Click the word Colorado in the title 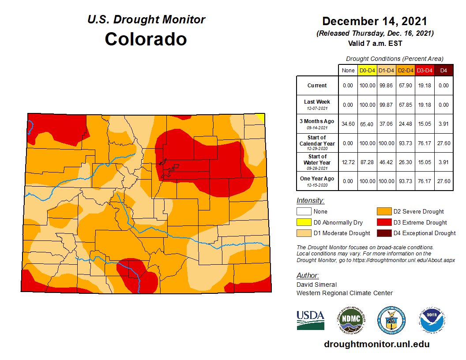(146, 39)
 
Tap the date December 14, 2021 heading (375, 21)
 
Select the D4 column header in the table (444, 70)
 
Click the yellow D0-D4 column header (367, 70)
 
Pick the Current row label (317, 86)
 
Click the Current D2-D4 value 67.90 (406, 86)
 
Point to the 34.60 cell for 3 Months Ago (348, 124)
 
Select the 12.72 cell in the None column (348, 162)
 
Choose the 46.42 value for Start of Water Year (386, 162)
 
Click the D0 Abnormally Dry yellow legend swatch (304, 222)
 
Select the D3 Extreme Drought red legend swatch (383, 222)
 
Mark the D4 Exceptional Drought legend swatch (383, 233)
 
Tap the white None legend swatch (304, 212)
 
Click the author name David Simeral (317, 285)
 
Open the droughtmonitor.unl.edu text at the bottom (376, 344)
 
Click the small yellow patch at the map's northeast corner (261, 117)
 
